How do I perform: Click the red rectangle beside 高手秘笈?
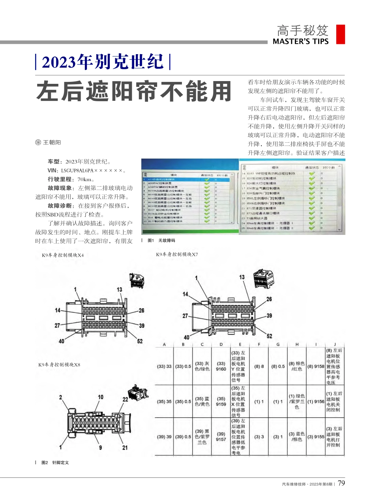pos(340,34)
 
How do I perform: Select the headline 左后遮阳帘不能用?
pos(133,92)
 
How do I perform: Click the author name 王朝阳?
pos(52,142)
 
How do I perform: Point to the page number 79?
pos(342,483)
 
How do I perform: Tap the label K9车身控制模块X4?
pos(63,255)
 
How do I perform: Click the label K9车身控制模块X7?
pos(177,254)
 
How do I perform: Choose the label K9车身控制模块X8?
pos(59,364)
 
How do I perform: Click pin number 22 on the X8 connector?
pos(125,399)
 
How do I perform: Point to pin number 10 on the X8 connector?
pos(101,397)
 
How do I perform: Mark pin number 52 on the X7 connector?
pos(269,336)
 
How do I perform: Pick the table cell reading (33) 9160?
pos(221,366)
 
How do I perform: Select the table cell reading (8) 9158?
pos(316,367)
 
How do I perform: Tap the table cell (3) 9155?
pos(316,437)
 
